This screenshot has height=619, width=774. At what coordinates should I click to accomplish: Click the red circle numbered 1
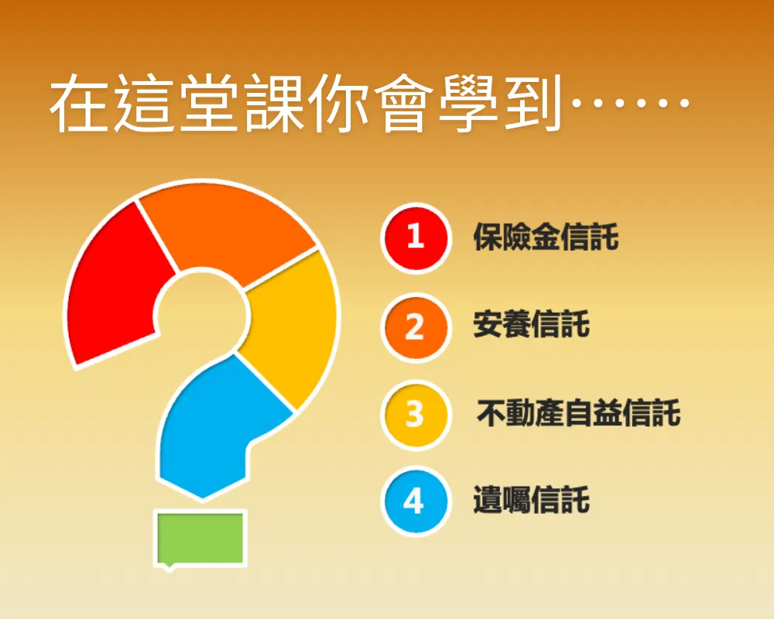click(x=416, y=238)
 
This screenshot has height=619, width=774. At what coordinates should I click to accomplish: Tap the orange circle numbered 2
click(x=416, y=327)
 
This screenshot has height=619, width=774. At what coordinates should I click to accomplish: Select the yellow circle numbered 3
click(x=416, y=415)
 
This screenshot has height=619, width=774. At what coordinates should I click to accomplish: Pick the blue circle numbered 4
click(x=416, y=501)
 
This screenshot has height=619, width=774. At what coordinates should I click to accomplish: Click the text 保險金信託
click(x=546, y=238)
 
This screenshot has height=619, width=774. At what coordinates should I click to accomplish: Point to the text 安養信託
click(x=531, y=325)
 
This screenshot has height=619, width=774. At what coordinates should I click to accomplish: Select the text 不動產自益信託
click(x=578, y=412)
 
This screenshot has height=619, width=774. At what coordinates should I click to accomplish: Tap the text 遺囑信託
click(x=531, y=500)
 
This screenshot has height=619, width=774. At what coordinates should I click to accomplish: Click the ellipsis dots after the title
click(x=630, y=103)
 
